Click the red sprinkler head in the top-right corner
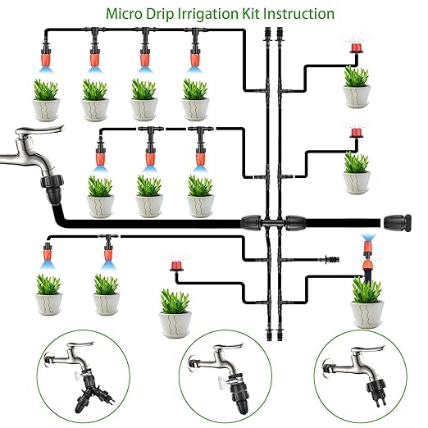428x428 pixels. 355,51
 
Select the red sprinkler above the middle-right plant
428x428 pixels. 355,133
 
